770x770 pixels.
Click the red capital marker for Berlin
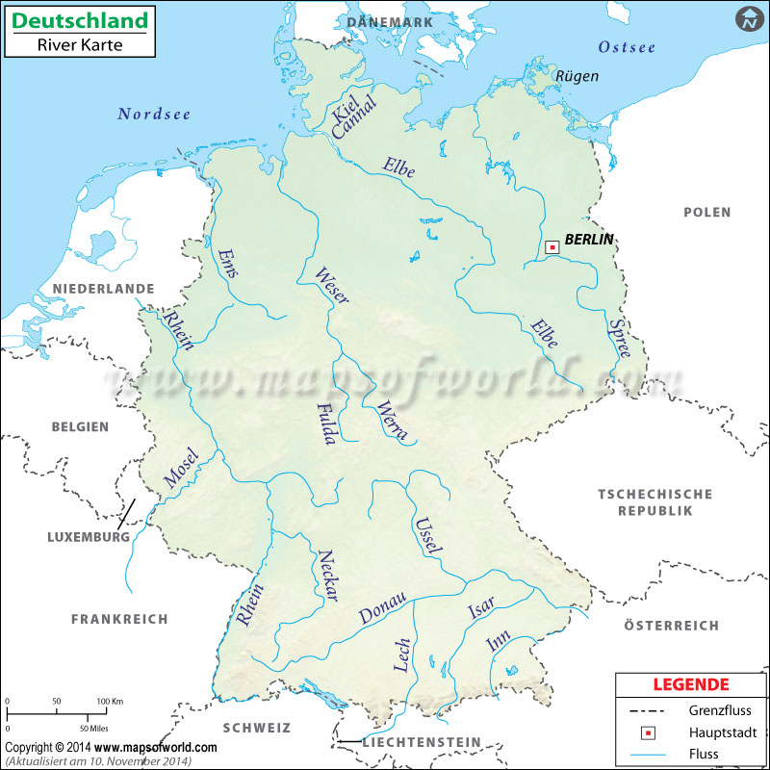tap(552, 247)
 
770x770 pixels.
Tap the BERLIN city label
tap(588, 240)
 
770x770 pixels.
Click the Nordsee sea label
tap(154, 114)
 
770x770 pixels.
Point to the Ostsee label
tap(627, 47)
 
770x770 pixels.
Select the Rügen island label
tap(577, 76)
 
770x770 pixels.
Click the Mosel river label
tap(181, 468)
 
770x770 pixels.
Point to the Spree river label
tap(619, 339)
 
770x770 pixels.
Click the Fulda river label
tap(325, 423)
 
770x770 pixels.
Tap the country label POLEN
tap(706, 212)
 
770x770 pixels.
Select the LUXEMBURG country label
tap(89, 536)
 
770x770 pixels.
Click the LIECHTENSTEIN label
tap(421, 742)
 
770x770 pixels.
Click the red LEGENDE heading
tap(690, 685)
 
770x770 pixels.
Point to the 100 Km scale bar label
tap(110, 701)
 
